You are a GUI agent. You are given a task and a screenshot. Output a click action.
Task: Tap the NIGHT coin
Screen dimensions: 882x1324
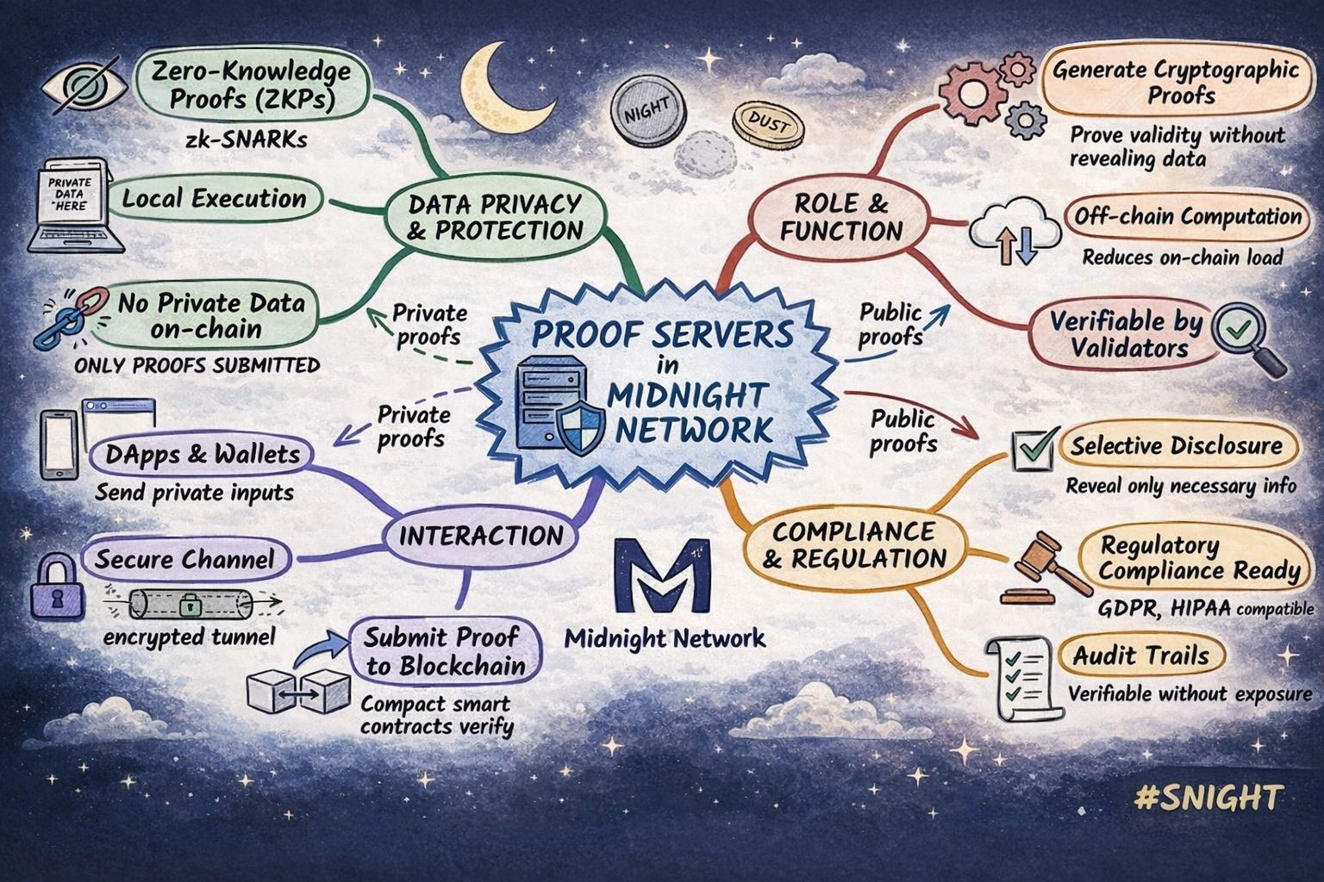(x=646, y=110)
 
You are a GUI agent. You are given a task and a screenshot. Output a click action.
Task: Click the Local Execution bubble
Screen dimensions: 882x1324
(x=214, y=199)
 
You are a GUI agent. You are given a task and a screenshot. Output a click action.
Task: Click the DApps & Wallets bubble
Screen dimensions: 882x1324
(x=202, y=454)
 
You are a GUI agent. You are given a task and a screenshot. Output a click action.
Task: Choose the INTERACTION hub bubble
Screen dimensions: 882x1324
(x=480, y=536)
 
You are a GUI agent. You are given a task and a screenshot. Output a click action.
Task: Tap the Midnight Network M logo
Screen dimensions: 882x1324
(x=663, y=575)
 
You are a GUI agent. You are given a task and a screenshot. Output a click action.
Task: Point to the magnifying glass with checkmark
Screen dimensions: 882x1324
(x=1244, y=337)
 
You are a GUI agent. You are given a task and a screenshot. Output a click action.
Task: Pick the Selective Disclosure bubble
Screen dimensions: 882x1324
(x=1176, y=446)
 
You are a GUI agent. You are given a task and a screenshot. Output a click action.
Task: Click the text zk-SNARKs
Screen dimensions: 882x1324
(x=246, y=140)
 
